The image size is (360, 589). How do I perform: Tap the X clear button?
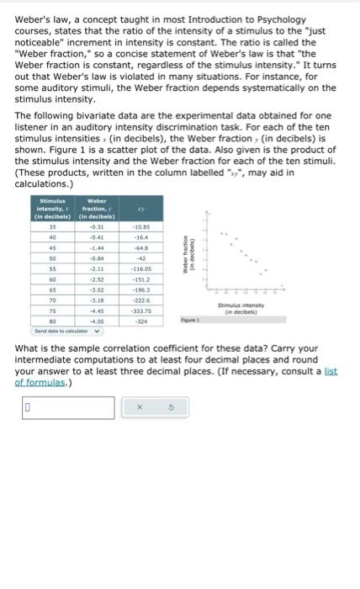click(x=153, y=408)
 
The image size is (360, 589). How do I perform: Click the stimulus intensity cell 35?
click(x=52, y=226)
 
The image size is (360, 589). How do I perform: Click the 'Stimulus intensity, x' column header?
click(x=53, y=208)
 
